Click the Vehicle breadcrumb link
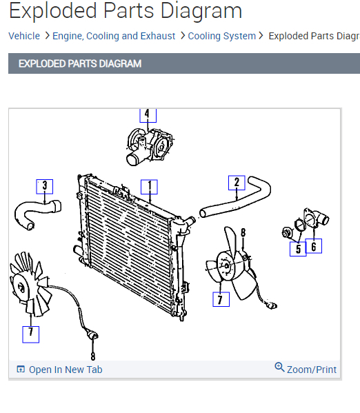(x=24, y=36)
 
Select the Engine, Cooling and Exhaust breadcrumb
(x=114, y=36)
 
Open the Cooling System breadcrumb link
(x=221, y=36)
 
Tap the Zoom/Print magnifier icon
(x=279, y=367)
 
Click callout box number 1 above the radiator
(x=149, y=187)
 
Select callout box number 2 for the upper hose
(x=237, y=183)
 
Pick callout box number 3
(x=45, y=186)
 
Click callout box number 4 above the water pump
(x=148, y=115)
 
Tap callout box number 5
(x=298, y=249)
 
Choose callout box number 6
(x=314, y=246)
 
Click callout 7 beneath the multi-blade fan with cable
(x=31, y=334)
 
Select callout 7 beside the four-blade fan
(x=221, y=299)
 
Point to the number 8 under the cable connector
(x=93, y=356)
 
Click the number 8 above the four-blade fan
(x=243, y=232)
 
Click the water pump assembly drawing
(x=150, y=146)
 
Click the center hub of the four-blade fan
(x=227, y=265)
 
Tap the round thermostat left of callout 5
(x=287, y=233)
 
